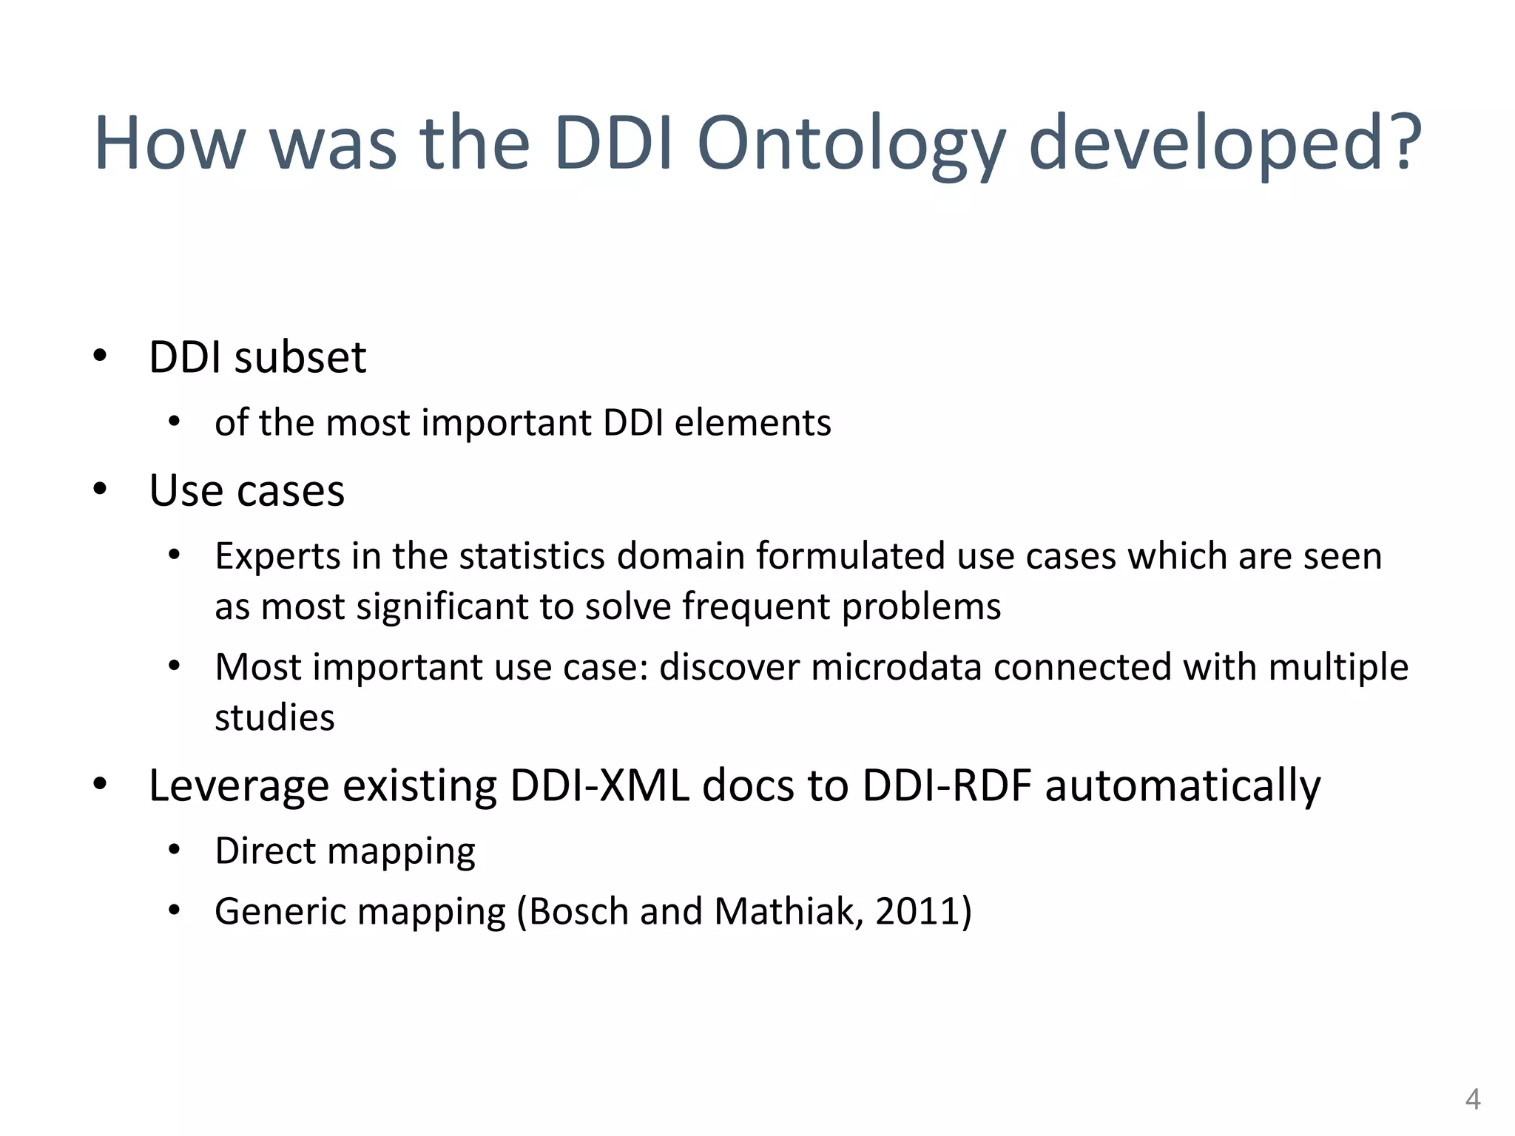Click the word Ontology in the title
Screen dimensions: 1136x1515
[851, 144]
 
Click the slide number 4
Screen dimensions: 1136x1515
[1472, 1099]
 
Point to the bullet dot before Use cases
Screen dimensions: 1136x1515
[100, 489]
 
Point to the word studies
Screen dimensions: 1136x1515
[274, 718]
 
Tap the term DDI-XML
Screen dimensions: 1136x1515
[600, 785]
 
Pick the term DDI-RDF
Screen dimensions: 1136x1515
[947, 785]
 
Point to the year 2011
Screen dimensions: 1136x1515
[917, 911]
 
